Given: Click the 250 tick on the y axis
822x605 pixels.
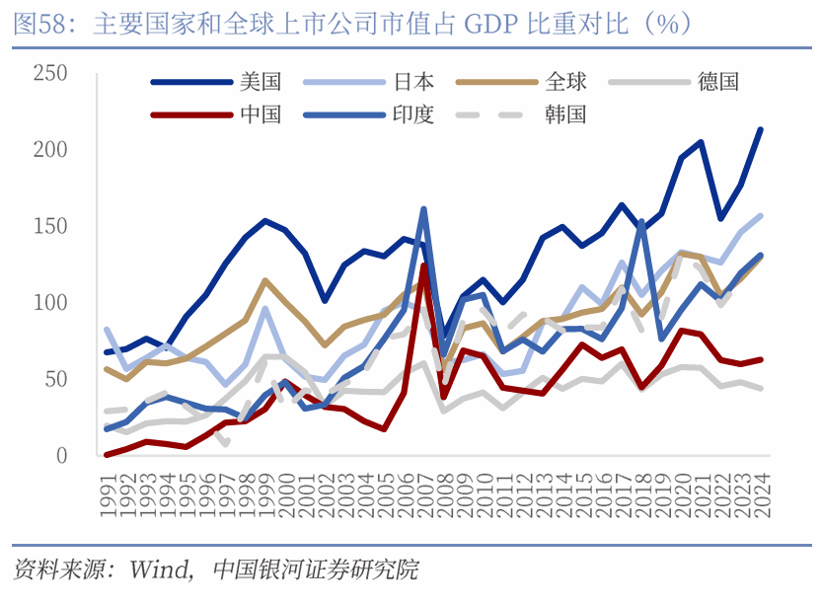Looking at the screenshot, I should (x=49, y=73).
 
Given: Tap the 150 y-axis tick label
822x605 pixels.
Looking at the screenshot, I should (x=49, y=226).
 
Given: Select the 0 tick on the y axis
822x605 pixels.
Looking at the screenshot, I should (x=61, y=456).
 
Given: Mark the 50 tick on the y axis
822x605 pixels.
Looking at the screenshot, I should (x=55, y=380).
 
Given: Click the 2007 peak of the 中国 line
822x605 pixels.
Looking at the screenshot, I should (x=423, y=265).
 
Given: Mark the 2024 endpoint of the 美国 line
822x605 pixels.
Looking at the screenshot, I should (x=760, y=129).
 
